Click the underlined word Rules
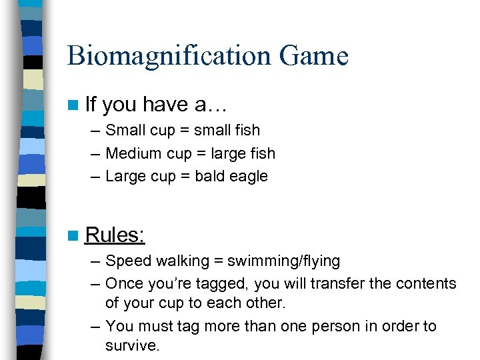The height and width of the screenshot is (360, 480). point(115,235)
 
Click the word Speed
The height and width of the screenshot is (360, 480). point(127,261)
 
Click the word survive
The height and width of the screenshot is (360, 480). point(132,347)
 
